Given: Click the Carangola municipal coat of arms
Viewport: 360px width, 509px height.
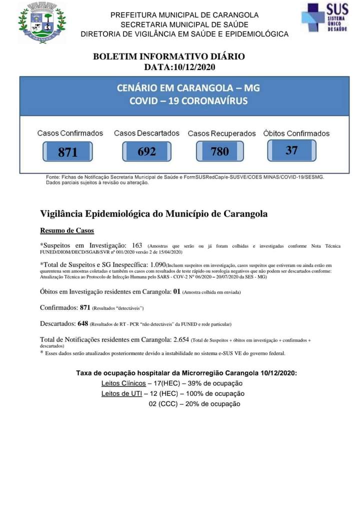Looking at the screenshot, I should coord(42,22).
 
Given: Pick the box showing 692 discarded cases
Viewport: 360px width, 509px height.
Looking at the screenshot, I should coord(146,151).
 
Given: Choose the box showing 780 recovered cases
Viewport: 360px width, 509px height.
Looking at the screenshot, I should coord(219,151).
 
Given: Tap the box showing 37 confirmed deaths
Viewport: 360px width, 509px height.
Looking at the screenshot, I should coord(291,150).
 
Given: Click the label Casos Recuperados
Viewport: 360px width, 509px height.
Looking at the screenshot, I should coord(221,133).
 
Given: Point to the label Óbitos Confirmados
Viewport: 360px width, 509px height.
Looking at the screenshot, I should coord(296,133).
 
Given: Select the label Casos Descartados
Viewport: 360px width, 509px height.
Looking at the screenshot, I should coord(146,133).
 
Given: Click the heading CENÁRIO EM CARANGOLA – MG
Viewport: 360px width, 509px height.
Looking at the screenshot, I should coord(188,88).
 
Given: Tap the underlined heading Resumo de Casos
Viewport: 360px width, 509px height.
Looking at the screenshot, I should coord(67,231).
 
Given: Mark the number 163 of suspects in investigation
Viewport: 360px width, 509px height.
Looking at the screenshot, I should coord(137,245).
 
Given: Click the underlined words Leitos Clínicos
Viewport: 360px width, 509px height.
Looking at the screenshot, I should coord(123,383).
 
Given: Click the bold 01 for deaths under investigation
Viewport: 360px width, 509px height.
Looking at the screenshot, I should coord(176,291).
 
